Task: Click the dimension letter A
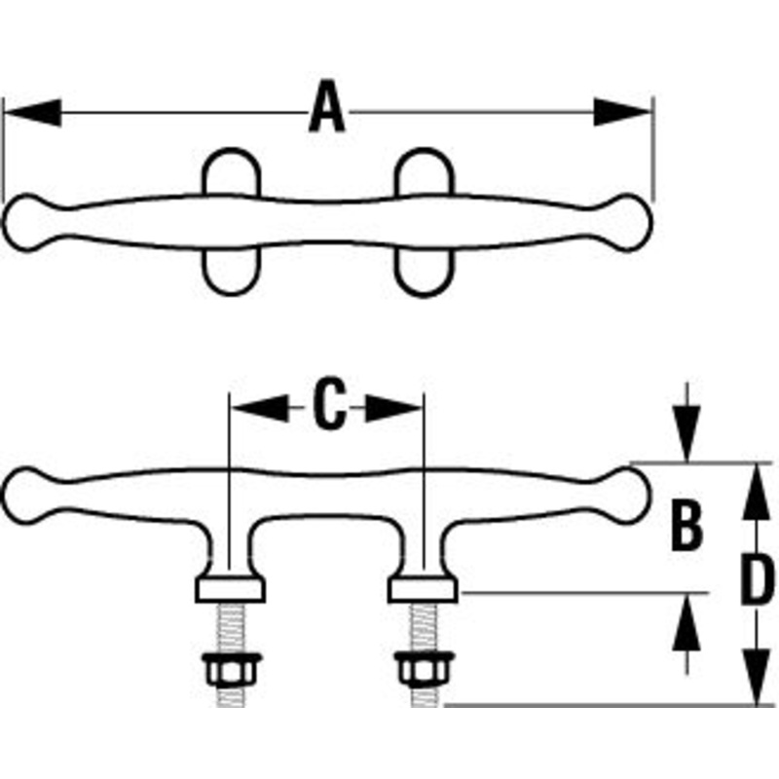point(327,109)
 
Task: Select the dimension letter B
point(687,525)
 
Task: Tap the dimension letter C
point(330,407)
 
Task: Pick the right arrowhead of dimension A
point(622,110)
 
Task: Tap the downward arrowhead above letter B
point(687,437)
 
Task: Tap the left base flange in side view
point(230,589)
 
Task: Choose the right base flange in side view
point(422,589)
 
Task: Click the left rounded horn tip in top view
point(29,222)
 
